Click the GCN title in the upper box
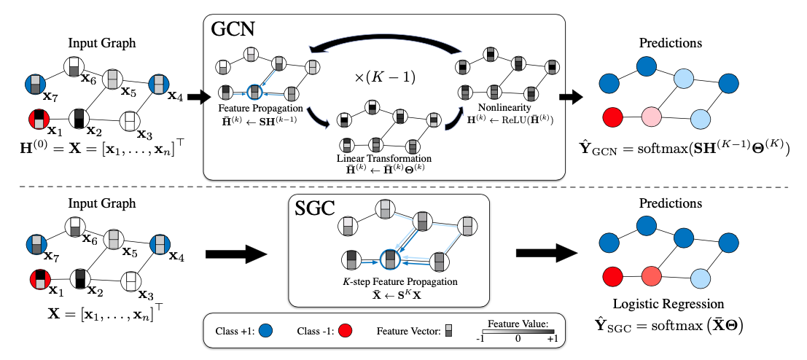click(x=235, y=29)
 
